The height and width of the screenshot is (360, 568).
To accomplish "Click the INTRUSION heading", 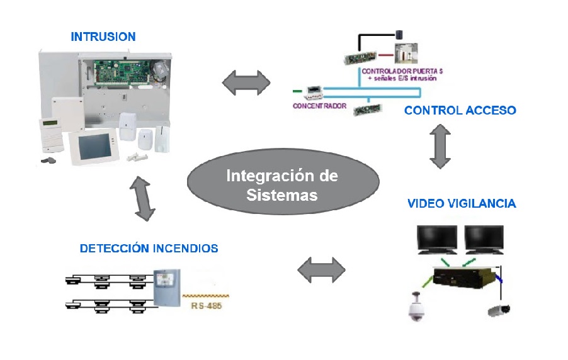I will point(103,37).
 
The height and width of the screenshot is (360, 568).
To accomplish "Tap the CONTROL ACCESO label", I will point(460,111).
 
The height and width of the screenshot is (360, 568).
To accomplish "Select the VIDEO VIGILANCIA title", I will point(461,203).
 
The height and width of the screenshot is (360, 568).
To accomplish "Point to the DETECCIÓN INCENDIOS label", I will point(149,249).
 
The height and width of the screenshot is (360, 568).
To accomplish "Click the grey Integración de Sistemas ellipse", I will point(283,183).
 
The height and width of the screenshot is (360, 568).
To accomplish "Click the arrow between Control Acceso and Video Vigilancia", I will point(440,145).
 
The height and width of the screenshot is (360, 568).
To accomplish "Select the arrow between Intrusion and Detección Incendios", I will point(144,198).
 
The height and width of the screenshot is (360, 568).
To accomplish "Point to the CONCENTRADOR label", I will point(319,106).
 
